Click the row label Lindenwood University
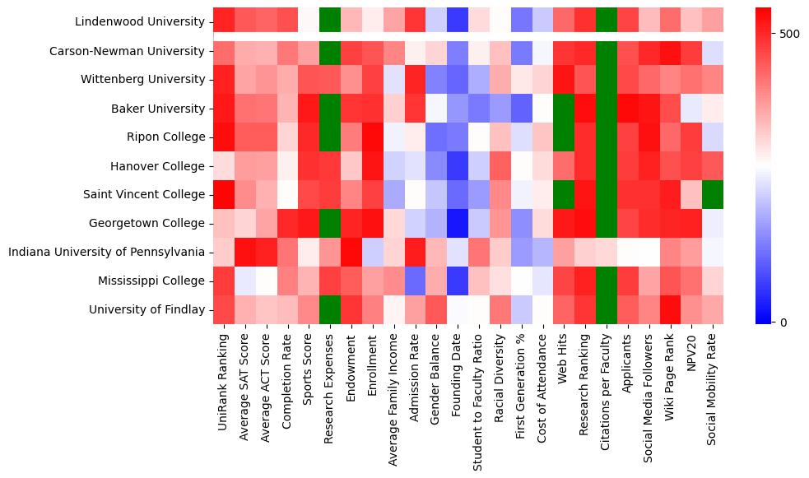(139, 21)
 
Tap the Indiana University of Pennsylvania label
(106, 252)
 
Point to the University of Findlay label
(149, 309)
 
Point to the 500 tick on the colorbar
(788, 34)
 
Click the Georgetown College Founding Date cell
(456, 223)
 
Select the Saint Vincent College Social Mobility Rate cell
(714, 194)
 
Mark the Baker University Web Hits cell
(564, 108)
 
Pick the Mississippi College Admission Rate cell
(414, 281)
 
